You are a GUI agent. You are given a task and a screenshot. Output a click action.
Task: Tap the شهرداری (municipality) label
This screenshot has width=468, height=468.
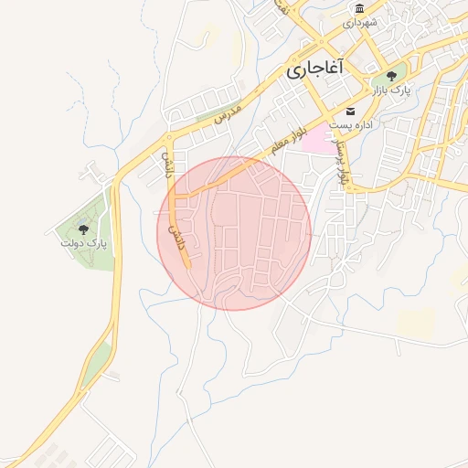[359, 23]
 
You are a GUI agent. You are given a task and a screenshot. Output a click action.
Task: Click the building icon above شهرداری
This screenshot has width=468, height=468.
[359, 9]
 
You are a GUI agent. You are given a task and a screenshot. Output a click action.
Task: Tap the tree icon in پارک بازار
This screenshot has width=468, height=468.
[392, 76]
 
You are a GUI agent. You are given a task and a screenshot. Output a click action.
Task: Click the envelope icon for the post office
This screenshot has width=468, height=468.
[350, 111]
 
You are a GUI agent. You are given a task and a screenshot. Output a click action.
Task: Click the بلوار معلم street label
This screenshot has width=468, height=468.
[283, 143]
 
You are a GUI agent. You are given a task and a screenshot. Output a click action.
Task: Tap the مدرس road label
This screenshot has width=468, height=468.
[227, 114]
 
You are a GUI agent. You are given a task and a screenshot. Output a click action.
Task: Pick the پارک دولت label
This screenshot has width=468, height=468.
[84, 244]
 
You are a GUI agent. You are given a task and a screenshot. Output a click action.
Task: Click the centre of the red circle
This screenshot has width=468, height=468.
[240, 233]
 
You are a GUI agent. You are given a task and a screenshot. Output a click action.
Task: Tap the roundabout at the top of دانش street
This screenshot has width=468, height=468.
[168, 138]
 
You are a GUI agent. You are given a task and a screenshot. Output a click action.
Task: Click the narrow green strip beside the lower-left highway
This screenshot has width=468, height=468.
[96, 362]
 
